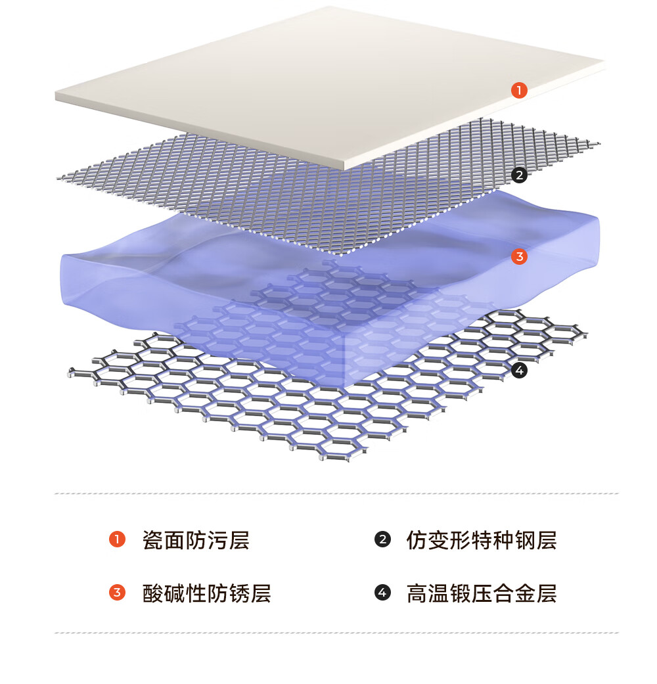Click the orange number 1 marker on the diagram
click(x=519, y=90)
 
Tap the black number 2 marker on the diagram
click(x=519, y=175)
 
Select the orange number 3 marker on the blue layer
click(x=519, y=256)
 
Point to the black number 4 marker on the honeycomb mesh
click(x=519, y=371)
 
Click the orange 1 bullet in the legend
click(x=117, y=539)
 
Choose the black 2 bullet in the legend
click(x=382, y=539)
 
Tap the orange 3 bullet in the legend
click(x=117, y=593)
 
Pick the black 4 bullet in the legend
click(x=382, y=593)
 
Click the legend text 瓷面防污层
click(x=196, y=540)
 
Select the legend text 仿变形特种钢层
click(x=482, y=540)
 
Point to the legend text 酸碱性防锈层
click(x=207, y=593)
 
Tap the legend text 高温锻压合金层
click(x=482, y=593)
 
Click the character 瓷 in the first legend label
click(x=152, y=540)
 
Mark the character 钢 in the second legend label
click(x=525, y=540)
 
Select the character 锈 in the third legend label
click(x=239, y=593)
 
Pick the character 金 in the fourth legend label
click(x=525, y=593)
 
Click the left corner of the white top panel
click(x=56, y=96)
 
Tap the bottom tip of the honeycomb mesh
click(x=336, y=460)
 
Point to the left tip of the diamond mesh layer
click(x=58, y=177)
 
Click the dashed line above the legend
click(x=336, y=493)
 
